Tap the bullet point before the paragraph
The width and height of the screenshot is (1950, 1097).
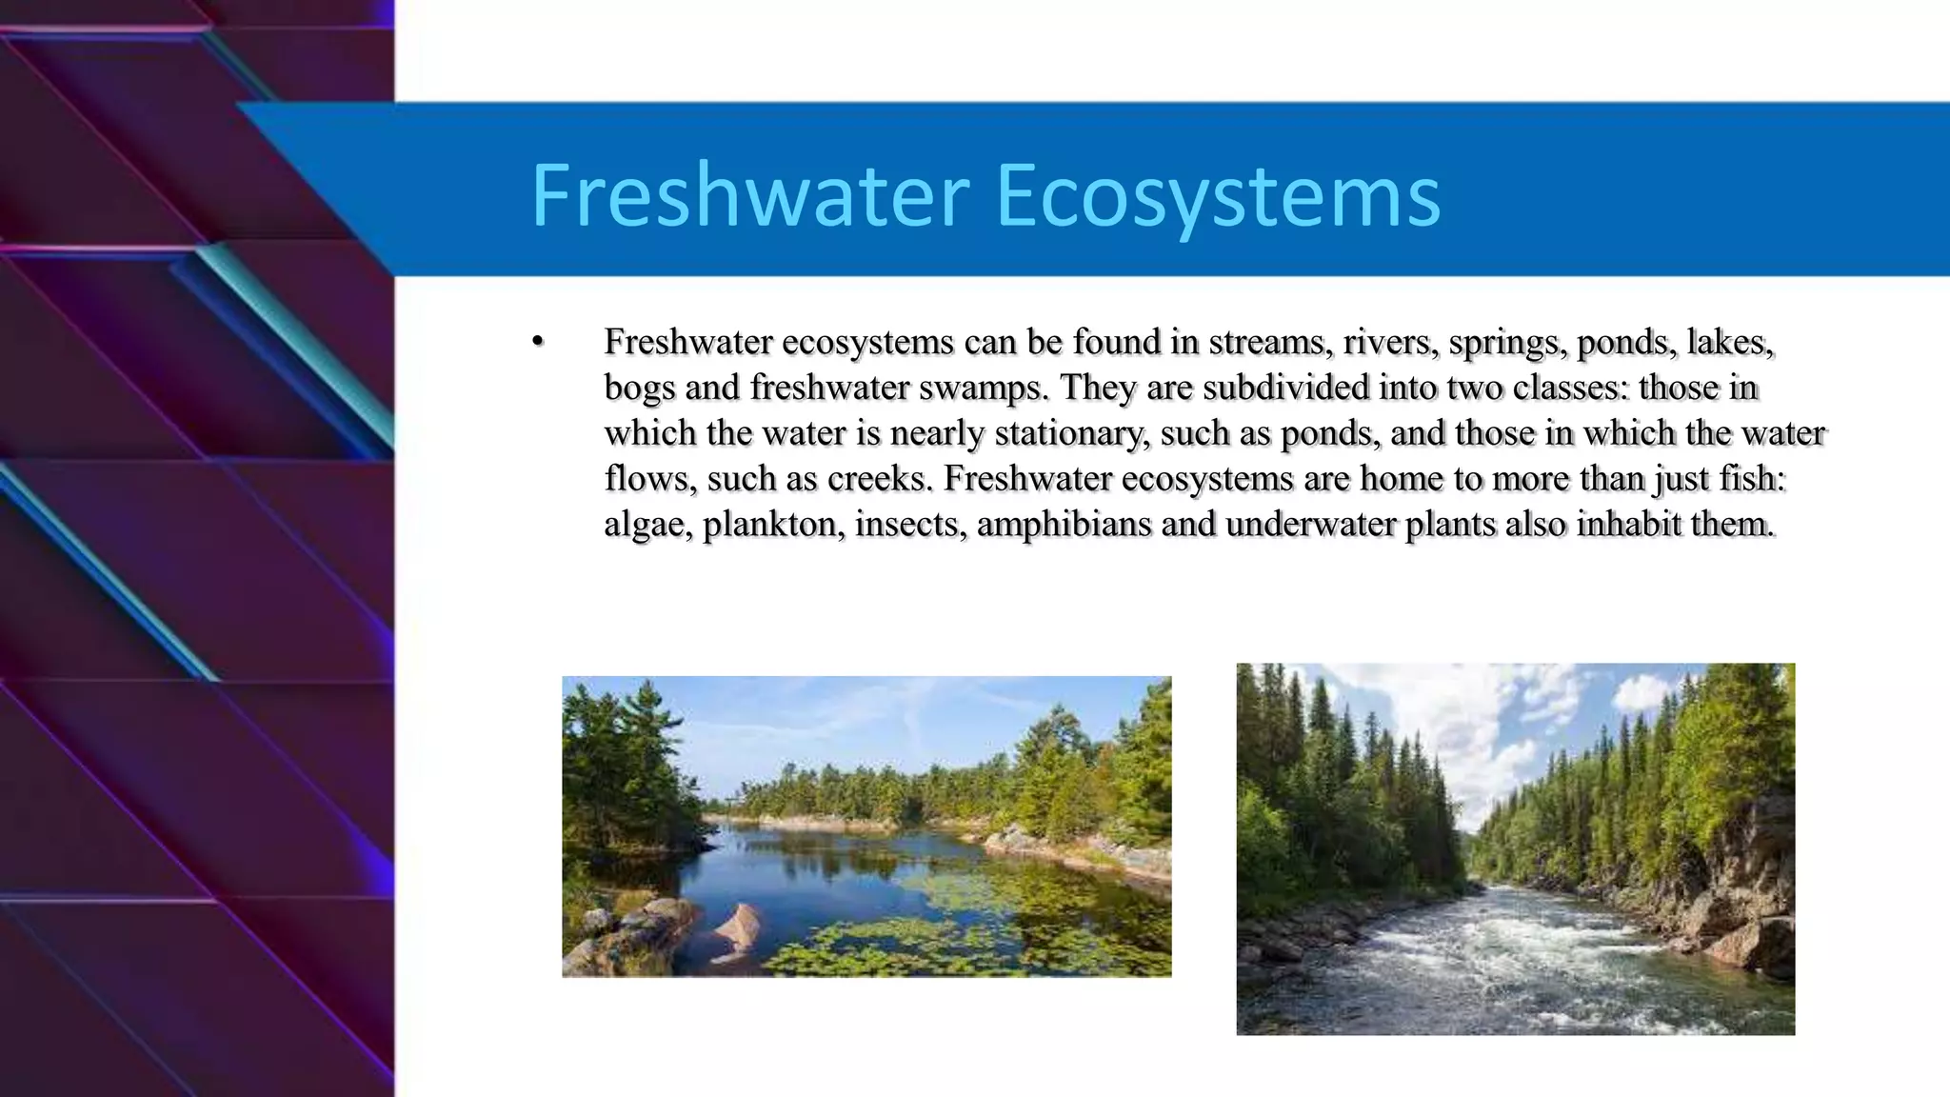pyautogui.click(x=537, y=342)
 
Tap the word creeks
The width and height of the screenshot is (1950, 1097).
pyautogui.click(x=880, y=478)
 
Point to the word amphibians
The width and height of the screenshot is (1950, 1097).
pyautogui.click(x=1064, y=524)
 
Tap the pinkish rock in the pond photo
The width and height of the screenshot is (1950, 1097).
pyautogui.click(x=737, y=925)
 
